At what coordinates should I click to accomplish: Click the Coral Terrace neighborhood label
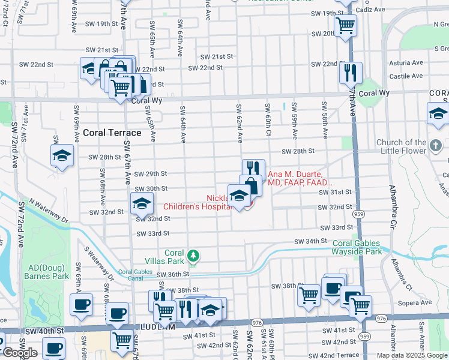coord(112,133)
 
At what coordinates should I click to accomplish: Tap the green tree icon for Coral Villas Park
coord(193,256)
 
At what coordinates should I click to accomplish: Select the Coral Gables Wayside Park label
coord(357,247)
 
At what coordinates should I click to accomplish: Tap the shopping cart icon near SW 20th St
coord(346,25)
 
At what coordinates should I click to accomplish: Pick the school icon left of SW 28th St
coord(62,155)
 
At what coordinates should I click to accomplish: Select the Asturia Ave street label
coord(406,63)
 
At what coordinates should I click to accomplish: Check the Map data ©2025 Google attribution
coord(411,355)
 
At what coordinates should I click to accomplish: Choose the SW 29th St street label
coord(151,173)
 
